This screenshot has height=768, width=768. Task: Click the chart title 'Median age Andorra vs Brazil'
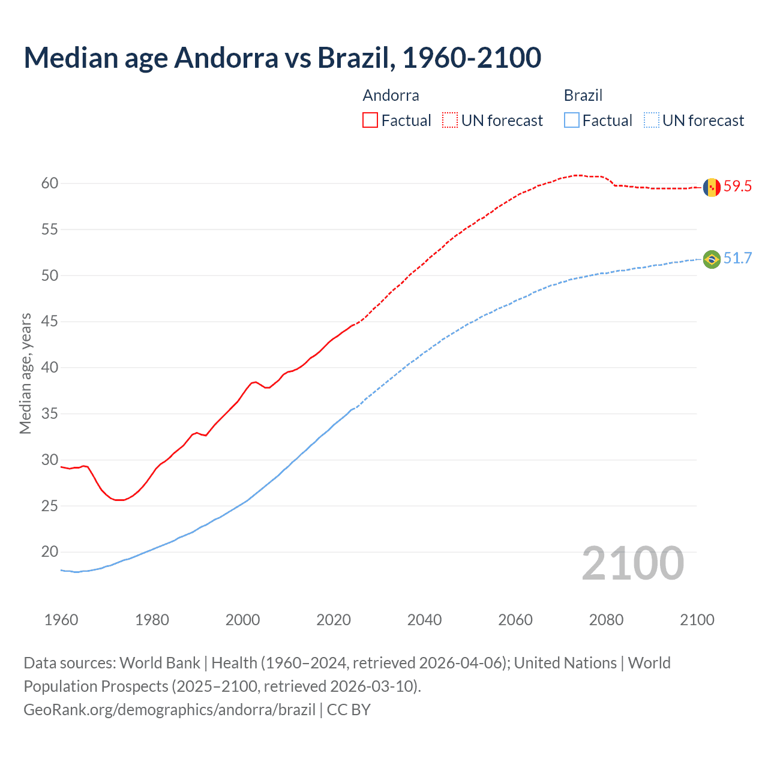[282, 58]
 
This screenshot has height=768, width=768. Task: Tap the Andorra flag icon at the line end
[712, 187]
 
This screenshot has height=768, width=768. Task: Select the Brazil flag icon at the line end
[712, 259]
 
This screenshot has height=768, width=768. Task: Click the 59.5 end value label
[737, 187]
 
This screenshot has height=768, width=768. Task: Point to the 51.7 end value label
[737, 259]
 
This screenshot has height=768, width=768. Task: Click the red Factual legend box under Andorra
[370, 121]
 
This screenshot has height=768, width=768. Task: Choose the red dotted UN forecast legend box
[450, 121]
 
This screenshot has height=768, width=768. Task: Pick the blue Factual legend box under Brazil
[572, 121]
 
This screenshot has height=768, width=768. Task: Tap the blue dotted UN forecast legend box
[652, 121]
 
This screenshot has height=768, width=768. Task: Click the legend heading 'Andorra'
[391, 95]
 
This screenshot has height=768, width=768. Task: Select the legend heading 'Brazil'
[583, 95]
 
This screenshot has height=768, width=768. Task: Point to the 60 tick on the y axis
[50, 184]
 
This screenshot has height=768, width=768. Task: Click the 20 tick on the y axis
[50, 552]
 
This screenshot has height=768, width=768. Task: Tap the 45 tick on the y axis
[50, 322]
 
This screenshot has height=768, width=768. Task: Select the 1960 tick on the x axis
[61, 620]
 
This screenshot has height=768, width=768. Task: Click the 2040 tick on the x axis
[424, 620]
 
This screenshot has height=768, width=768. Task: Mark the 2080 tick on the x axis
[606, 620]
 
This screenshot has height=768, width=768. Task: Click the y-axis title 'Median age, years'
[25, 373]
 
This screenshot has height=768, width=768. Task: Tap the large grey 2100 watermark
[632, 563]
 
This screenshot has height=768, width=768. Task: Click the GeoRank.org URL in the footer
[169, 710]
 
